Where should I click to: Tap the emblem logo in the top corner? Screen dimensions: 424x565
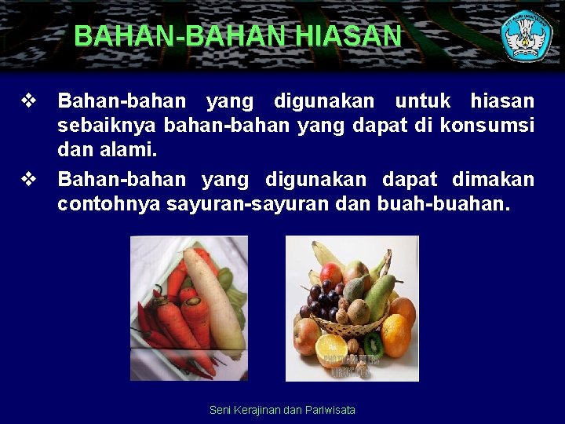(527, 35)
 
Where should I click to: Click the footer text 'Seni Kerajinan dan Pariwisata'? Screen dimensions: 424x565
(282, 410)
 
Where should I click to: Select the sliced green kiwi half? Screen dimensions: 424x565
(374, 345)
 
